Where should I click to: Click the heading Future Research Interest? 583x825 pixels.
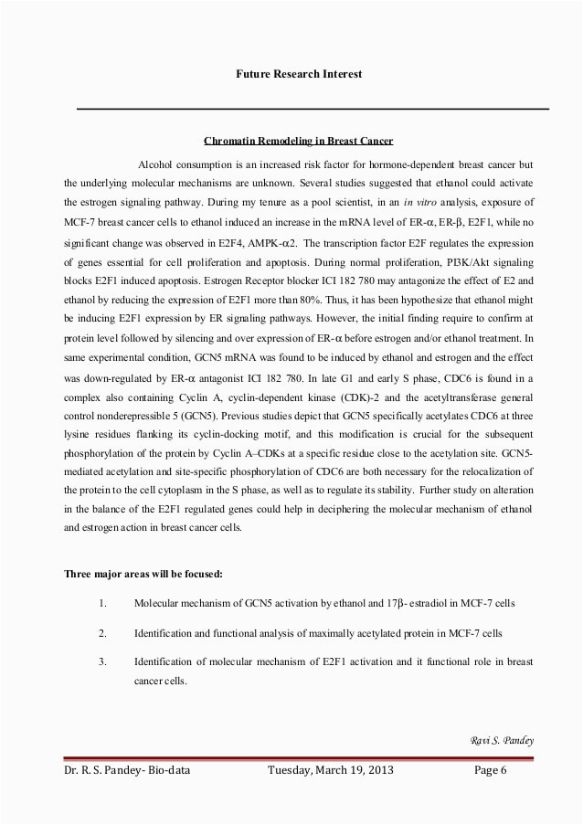299,73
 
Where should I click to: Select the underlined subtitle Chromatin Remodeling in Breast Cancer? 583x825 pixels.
298,142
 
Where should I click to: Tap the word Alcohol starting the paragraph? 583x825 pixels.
157,164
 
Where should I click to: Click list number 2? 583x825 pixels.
103,632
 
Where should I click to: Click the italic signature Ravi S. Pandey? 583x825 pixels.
501,739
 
